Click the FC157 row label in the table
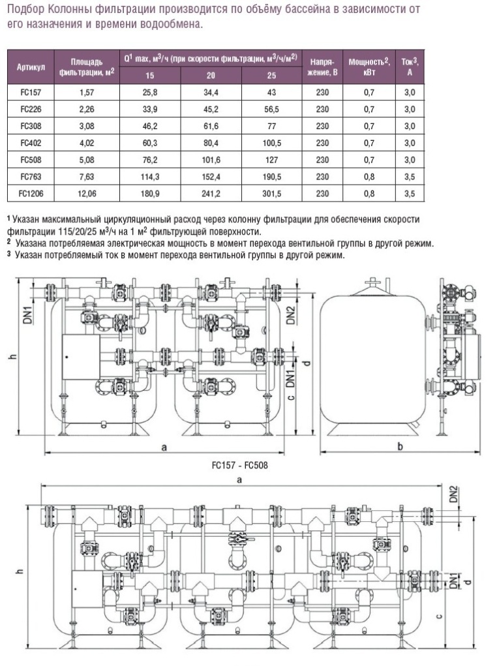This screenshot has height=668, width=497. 29,93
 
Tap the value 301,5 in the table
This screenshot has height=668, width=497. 271,193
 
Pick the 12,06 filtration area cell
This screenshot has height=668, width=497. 87,193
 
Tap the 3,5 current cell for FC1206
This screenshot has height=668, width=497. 410,193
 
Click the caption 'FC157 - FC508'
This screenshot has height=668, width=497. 239,466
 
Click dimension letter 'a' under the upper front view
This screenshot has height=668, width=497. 164,447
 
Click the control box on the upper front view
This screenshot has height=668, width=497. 80,357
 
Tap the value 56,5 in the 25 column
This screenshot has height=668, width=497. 271,110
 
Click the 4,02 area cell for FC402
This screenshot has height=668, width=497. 87,143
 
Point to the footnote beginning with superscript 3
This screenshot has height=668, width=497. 176,256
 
